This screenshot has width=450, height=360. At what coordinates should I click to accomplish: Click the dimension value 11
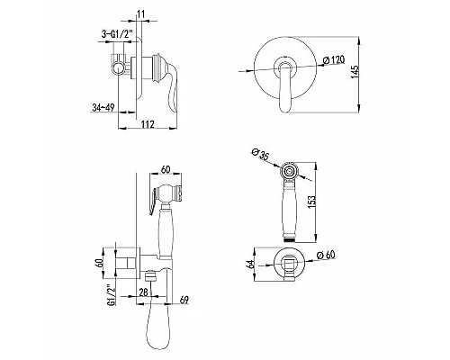pyautogui.click(x=141, y=13)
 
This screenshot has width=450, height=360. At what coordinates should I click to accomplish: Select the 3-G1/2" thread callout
pyautogui.click(x=117, y=34)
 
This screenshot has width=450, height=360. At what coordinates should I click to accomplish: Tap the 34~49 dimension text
pyautogui.click(x=103, y=107)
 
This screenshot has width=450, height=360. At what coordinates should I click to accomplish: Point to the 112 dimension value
pyautogui.click(x=147, y=124)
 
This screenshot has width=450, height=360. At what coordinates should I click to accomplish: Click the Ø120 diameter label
pyautogui.click(x=334, y=60)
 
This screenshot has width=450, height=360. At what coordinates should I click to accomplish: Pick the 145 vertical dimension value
pyautogui.click(x=355, y=73)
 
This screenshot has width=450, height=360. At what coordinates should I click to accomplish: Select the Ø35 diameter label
pyautogui.click(x=260, y=154)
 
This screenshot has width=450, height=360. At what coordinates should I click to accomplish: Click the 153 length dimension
pyautogui.click(x=311, y=202)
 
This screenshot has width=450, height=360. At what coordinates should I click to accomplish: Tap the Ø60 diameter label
pyautogui.click(x=326, y=256)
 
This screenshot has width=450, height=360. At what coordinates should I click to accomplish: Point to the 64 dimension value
pyautogui.click(x=251, y=264)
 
